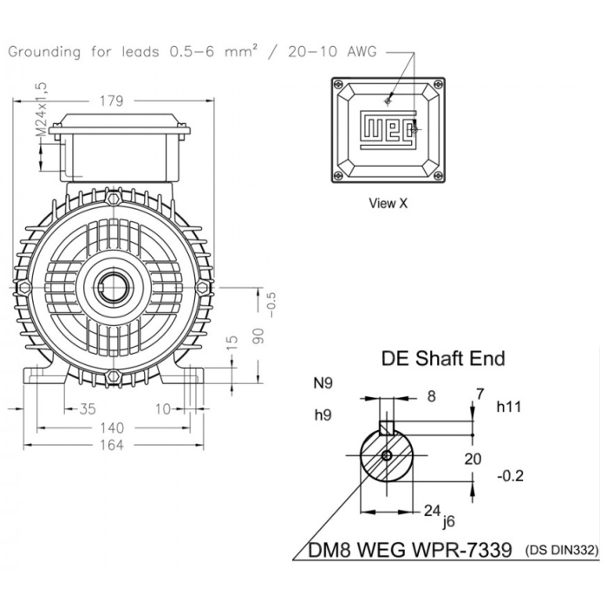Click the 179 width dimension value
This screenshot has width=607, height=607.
click(x=111, y=101)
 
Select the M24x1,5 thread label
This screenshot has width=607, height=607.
click(x=41, y=108)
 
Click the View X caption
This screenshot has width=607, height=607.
click(x=388, y=204)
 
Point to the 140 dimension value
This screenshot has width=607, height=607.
click(x=111, y=428)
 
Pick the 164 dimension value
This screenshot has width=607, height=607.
click(x=111, y=445)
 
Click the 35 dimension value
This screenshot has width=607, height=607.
click(x=88, y=408)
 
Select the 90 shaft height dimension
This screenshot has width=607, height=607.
click(x=258, y=336)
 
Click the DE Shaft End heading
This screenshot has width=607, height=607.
click(x=443, y=357)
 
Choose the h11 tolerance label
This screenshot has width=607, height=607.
click(x=508, y=406)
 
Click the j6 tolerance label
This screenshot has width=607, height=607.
click(x=447, y=522)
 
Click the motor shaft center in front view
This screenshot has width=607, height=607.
click(x=112, y=288)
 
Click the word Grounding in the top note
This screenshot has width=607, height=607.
click(x=46, y=51)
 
